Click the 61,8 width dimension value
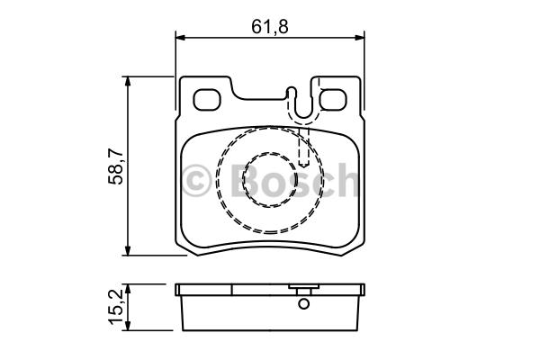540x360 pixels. tap(270, 26)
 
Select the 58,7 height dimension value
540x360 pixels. tap(116, 166)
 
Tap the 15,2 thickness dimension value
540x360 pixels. tap(116, 307)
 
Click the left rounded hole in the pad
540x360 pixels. tap(207, 100)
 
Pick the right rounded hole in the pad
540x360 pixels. tap(333, 100)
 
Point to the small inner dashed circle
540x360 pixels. tap(270, 180)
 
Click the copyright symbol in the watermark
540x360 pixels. tap(196, 181)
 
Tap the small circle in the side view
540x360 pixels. tap(304, 304)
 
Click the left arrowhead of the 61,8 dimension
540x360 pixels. tap(181, 37)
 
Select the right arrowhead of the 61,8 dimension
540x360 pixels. tap(359, 37)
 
